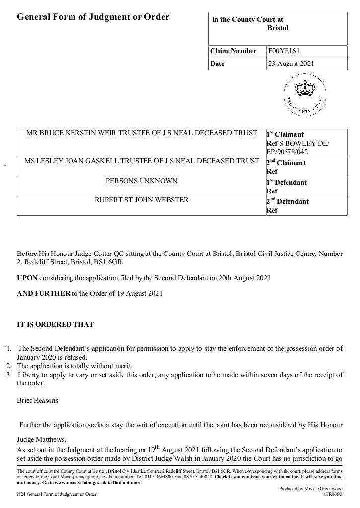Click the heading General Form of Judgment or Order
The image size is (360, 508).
(x=93, y=17)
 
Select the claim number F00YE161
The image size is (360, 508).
(x=284, y=51)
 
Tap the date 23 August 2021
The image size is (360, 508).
(x=291, y=63)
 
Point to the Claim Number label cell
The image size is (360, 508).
(x=233, y=51)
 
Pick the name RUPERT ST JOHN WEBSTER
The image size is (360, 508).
(x=142, y=200)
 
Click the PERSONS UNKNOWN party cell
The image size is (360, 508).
(x=142, y=181)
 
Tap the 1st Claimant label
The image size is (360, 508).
(x=285, y=134)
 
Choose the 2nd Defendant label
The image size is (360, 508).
(x=288, y=201)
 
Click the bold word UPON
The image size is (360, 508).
(x=27, y=278)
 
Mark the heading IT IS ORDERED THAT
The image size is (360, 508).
(x=55, y=325)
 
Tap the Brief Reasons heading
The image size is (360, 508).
(x=37, y=400)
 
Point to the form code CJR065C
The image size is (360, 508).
(x=333, y=494)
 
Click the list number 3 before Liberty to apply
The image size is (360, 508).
(x=9, y=375)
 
